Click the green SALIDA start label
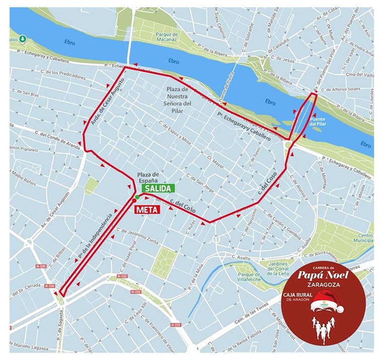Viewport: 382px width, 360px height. [x=158, y=188]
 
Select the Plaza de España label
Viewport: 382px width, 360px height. [x=148, y=177]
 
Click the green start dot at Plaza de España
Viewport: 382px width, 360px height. [x=137, y=196]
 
